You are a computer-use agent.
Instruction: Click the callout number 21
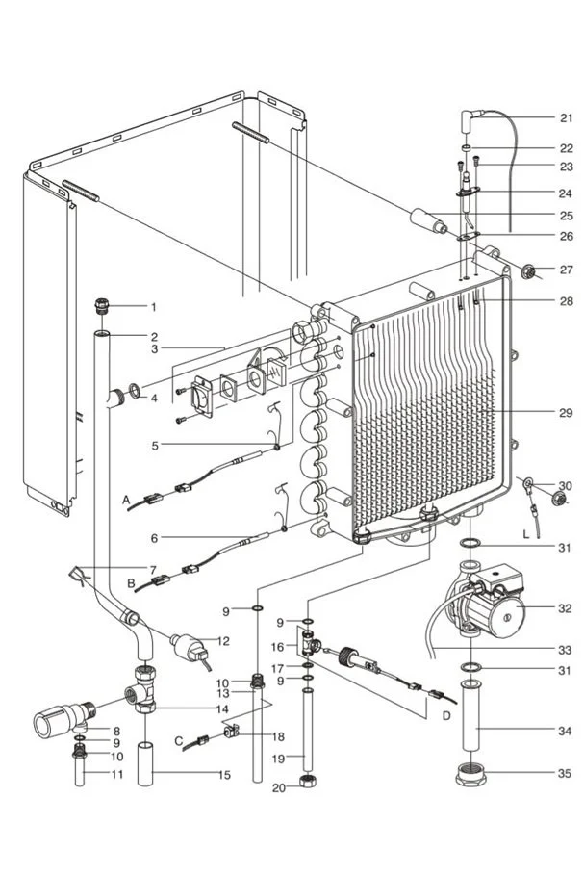tap(566, 118)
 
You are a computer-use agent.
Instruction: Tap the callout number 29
tap(566, 413)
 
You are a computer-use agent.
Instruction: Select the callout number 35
tap(566, 772)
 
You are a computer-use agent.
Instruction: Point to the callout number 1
tap(152, 307)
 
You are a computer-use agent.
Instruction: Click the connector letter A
tap(126, 501)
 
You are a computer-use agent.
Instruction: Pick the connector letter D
tap(445, 716)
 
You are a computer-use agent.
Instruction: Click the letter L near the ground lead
tap(526, 532)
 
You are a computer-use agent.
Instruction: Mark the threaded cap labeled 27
tap(527, 270)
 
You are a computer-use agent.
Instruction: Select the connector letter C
tap(180, 740)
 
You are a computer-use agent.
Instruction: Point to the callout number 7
tap(152, 569)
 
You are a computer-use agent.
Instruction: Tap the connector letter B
tap(131, 583)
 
